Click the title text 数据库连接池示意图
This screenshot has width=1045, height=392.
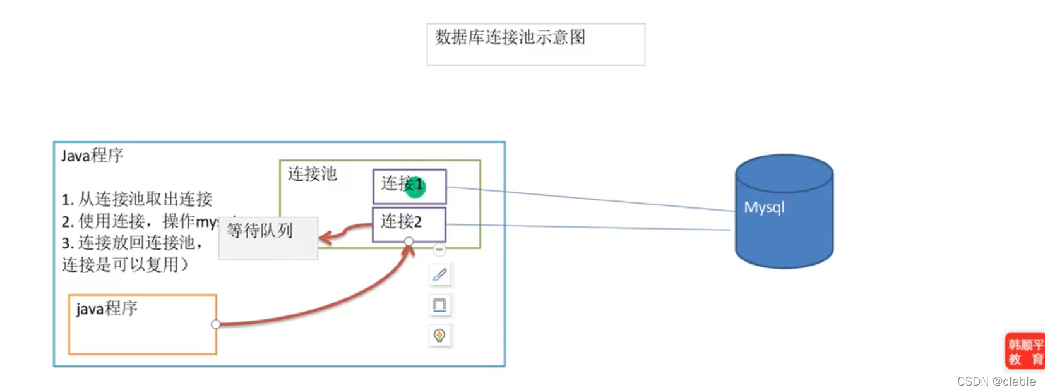click(510, 37)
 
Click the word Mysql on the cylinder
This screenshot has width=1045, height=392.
click(764, 207)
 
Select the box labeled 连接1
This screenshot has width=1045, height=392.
click(409, 186)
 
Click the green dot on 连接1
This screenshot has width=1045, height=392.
click(415, 187)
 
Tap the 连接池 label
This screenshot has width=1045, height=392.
click(312, 174)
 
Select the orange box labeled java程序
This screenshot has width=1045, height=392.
click(143, 324)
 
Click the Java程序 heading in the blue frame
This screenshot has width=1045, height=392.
click(92, 156)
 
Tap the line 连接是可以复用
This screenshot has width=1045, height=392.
click(124, 264)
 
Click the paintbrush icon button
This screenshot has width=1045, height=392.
click(439, 275)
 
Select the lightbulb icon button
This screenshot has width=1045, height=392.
click(439, 335)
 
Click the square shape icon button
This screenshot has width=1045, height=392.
click(439, 305)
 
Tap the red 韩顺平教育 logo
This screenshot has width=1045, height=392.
click(1025, 352)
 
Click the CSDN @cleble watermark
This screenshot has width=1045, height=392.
click(996, 381)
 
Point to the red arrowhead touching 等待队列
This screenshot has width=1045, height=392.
click(325, 238)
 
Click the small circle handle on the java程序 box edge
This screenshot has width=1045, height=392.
click(216, 324)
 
